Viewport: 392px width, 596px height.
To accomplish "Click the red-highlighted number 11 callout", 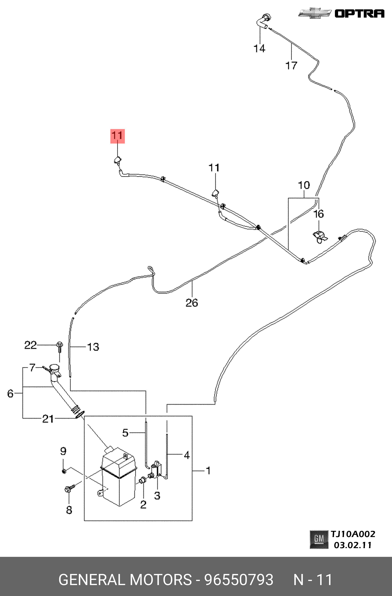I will click(118, 136).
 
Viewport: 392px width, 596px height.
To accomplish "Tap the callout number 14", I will click(259, 48).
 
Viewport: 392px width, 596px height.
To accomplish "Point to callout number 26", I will click(192, 303).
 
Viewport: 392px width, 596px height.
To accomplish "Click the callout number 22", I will click(30, 345).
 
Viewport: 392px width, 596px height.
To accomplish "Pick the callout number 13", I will click(93, 347).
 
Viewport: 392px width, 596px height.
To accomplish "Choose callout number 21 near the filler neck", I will click(48, 419).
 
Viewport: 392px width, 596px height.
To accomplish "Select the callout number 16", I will click(319, 214).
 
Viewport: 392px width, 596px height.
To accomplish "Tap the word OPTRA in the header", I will click(359, 13).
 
